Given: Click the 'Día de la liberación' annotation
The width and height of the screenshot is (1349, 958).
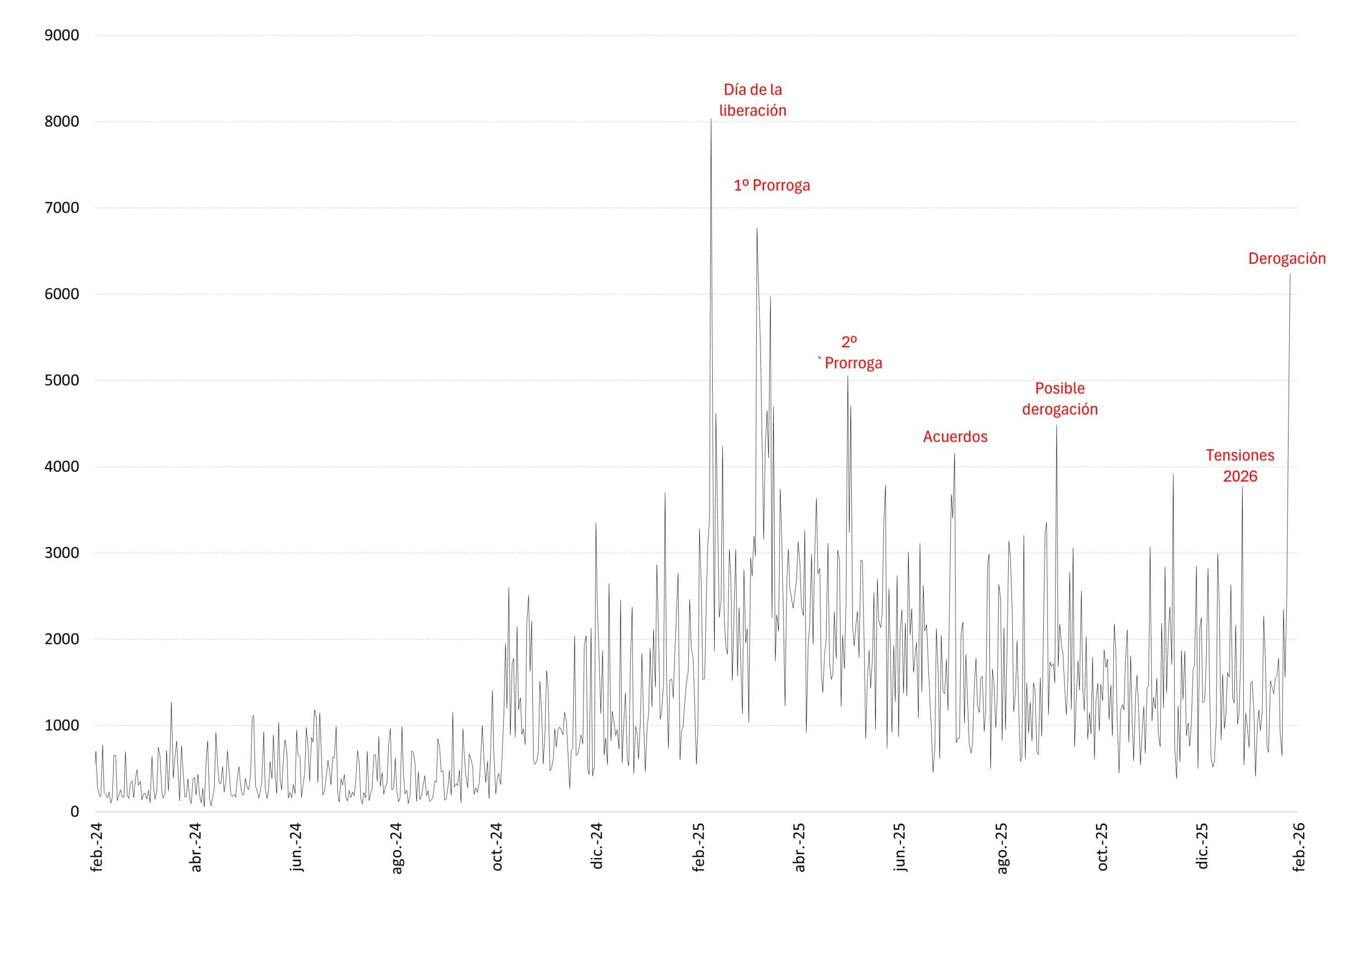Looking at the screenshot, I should click(752, 100).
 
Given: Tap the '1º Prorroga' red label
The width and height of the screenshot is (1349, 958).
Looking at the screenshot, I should click(771, 185).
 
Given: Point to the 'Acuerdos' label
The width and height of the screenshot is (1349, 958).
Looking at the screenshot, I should click(955, 437).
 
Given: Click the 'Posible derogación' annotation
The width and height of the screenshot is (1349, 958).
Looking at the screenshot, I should click(1059, 399).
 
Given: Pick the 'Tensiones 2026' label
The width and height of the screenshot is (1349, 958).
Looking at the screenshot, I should click(1240, 466).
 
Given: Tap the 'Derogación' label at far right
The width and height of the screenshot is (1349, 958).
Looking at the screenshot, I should click(1286, 258).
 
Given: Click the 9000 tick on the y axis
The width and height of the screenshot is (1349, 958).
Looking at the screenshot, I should click(61, 36).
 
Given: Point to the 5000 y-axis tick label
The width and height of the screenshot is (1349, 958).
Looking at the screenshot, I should click(61, 380).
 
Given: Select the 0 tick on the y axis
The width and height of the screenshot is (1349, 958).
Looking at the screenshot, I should click(74, 812).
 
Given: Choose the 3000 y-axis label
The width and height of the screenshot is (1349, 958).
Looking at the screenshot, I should click(61, 553).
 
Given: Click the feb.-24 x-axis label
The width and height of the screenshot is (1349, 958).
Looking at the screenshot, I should click(96, 847).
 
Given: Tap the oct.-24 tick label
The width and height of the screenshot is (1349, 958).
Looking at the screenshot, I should click(497, 847).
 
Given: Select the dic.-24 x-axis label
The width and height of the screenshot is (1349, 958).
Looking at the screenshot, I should click(597, 847).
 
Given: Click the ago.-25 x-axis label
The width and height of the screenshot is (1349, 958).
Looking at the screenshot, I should click(1002, 847).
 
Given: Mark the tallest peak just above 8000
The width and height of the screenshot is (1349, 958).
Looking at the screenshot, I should click(710, 120).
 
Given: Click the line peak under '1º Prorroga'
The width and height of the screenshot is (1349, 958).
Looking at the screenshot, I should click(757, 229).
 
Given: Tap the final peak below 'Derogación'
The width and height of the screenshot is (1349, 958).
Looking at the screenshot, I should click(1290, 274).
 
